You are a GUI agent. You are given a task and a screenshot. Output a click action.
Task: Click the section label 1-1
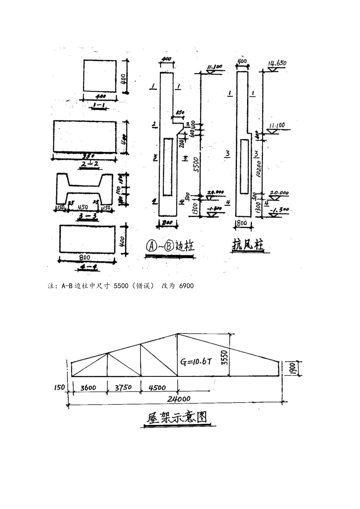point(100,103)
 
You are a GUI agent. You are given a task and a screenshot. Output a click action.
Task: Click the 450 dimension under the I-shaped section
point(83,207)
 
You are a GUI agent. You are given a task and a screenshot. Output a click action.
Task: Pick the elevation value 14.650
point(277,63)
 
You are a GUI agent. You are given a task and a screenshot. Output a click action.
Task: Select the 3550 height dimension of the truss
point(224,357)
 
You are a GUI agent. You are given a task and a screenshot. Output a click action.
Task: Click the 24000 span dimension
point(180,398)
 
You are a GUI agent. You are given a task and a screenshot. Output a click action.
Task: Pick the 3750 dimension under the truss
point(124,387)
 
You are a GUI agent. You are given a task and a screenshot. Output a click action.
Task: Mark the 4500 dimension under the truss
point(157,387)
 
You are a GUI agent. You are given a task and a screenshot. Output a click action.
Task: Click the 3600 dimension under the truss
point(88,387)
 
